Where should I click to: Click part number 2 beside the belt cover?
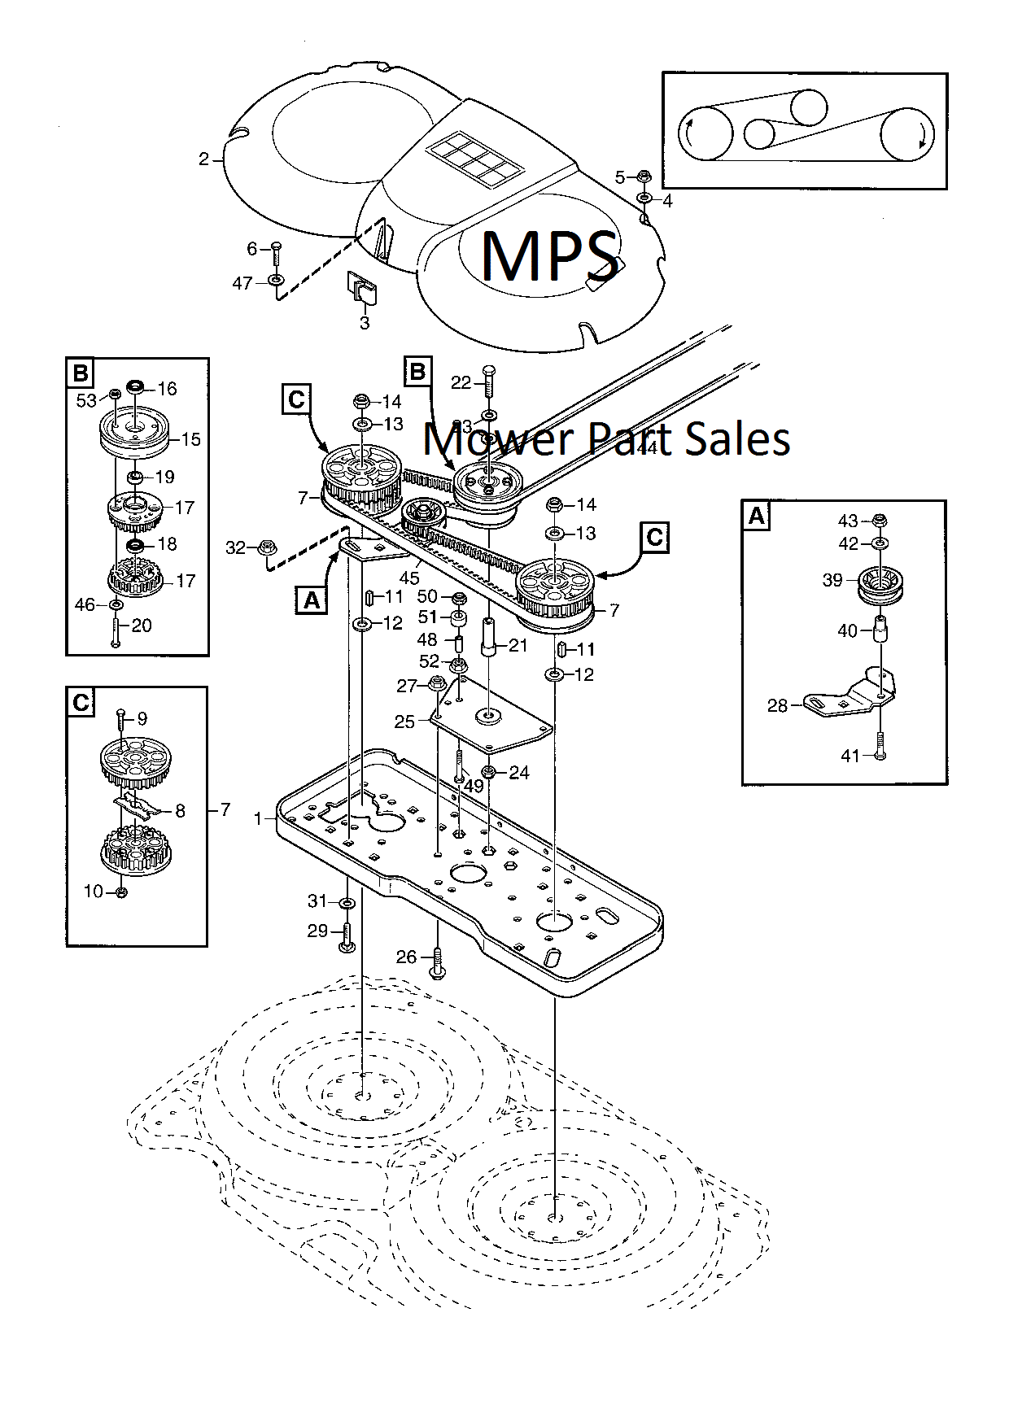[x=203, y=159]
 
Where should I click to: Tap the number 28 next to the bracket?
[x=777, y=705]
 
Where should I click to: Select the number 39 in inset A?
[x=832, y=580]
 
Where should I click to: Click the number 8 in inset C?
[x=180, y=810]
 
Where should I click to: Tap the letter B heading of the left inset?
[x=80, y=373]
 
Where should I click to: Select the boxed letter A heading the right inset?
[x=757, y=516]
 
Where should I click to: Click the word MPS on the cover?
[x=548, y=255]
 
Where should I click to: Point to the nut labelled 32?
[x=265, y=548]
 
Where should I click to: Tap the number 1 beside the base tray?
[x=259, y=818]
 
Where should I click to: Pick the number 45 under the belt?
[x=409, y=578]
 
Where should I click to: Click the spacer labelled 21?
[x=489, y=635]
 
